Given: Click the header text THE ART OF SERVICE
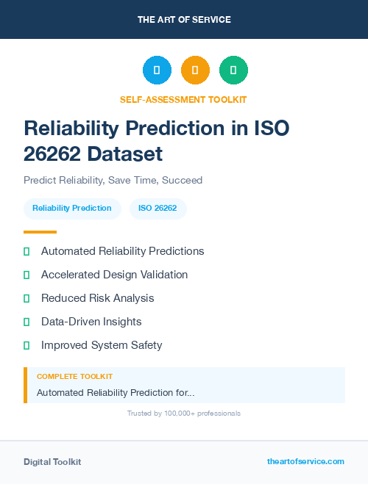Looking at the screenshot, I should (184, 20).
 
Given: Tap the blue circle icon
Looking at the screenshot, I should (157, 71).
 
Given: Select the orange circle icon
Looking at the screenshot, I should (195, 71).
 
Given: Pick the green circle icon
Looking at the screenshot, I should (233, 71).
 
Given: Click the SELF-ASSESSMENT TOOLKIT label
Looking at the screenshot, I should (183, 99).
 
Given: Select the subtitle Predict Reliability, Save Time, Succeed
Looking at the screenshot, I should (113, 180).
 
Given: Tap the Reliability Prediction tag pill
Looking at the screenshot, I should (72, 209).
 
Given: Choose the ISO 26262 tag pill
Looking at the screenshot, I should (158, 209).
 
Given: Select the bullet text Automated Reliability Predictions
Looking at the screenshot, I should (122, 251).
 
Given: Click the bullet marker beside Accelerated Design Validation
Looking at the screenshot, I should (26, 275).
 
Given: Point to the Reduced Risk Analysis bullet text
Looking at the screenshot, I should (97, 298).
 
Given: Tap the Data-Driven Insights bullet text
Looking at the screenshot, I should (91, 322).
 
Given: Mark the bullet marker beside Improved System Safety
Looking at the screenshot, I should (26, 345).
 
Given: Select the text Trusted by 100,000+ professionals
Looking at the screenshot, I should (184, 413).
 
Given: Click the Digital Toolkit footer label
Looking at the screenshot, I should (52, 462).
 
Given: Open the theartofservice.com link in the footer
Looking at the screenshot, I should (305, 461).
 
